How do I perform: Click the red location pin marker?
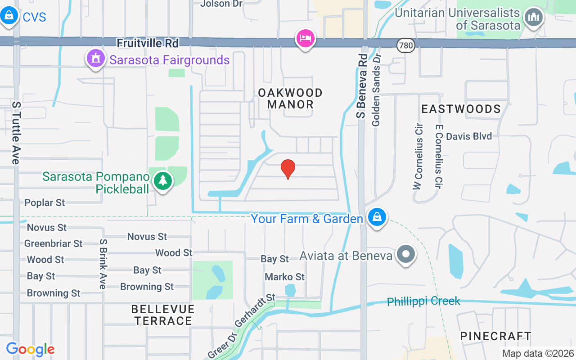pos(288,169)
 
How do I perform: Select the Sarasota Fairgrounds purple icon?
pos(95,59)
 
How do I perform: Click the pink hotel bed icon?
pos(305,38)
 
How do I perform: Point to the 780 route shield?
pos(405,45)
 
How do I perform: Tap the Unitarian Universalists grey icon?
pos(534,18)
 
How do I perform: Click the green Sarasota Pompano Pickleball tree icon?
pos(163,181)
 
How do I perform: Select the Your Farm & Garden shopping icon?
pos(377,218)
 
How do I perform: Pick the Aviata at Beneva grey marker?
pos(406,254)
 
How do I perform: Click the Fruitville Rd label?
pos(148,43)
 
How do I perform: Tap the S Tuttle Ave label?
pos(16,133)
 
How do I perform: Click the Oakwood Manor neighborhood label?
pos(290,99)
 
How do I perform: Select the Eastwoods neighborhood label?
pos(461,109)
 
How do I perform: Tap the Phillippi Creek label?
pos(423,301)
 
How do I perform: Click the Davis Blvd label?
pos(468,136)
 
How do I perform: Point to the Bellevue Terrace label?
pos(163,315)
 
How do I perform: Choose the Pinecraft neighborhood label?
pos(495,336)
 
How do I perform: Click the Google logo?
pos(30,349)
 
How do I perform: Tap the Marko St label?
pos(284,277)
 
